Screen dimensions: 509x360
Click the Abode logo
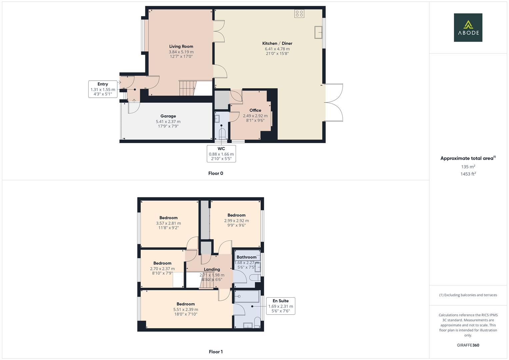[x=468, y=27]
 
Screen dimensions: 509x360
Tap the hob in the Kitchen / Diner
[x=299, y=13]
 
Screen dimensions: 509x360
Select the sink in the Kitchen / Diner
[x=318, y=32]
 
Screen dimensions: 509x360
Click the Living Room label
[x=181, y=46]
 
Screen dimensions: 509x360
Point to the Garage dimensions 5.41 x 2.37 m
[x=168, y=122]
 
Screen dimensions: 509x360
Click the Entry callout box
[x=103, y=89]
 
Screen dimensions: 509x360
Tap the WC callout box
[x=221, y=154]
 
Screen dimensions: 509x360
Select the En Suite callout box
[x=281, y=306]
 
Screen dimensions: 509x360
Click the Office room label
[x=255, y=110]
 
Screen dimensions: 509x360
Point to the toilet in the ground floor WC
[x=222, y=134]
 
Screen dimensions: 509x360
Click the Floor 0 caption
[x=216, y=173]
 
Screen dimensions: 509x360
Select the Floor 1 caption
[x=216, y=352]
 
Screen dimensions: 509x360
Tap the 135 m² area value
[x=468, y=167]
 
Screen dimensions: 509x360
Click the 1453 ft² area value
[x=468, y=174]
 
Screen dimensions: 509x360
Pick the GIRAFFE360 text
[x=468, y=345]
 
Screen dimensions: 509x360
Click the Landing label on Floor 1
[x=212, y=269]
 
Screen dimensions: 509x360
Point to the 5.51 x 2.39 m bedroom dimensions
[x=186, y=310]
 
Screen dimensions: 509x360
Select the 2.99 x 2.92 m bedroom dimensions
[x=236, y=221]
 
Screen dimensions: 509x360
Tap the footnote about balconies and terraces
[x=468, y=295]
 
